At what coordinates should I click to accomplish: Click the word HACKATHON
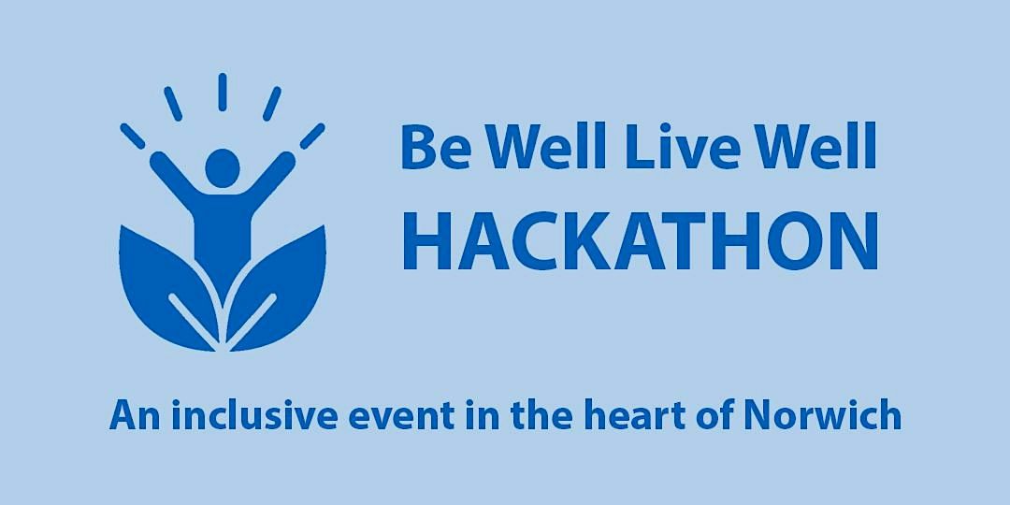(x=641, y=240)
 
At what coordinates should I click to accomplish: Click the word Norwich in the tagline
(x=822, y=415)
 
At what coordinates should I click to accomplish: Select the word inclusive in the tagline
(x=254, y=415)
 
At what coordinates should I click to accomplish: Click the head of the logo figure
(x=223, y=168)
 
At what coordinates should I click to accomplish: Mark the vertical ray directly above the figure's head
(x=223, y=92)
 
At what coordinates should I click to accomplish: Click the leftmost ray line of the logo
(x=133, y=136)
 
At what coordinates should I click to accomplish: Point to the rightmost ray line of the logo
(x=312, y=136)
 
